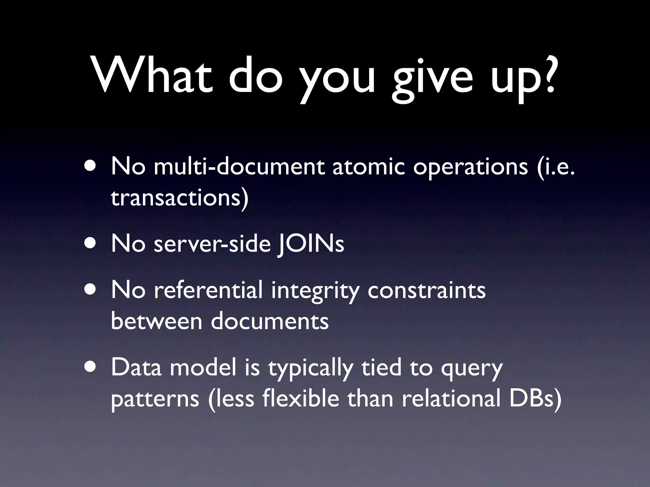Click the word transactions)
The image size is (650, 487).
tap(180, 198)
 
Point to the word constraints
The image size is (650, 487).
tap(426, 290)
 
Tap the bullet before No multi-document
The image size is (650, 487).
tap(91, 166)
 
